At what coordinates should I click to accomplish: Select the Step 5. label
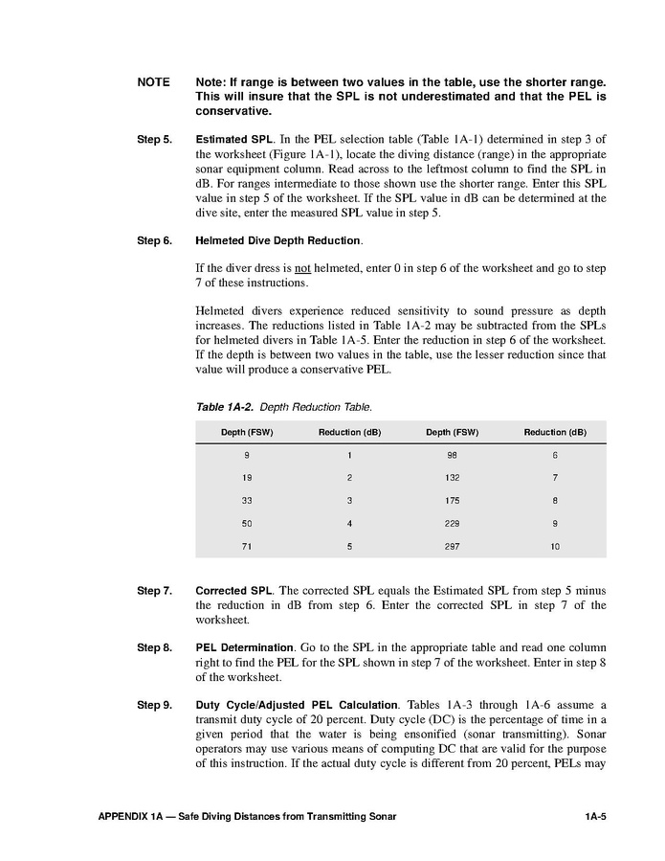pyautogui.click(x=154, y=140)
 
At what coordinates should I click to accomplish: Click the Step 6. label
pyautogui.click(x=154, y=239)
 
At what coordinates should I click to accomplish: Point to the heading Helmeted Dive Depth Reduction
pyautogui.click(x=277, y=239)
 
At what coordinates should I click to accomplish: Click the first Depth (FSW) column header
pyautogui.click(x=247, y=433)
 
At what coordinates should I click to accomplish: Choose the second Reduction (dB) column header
pyautogui.click(x=555, y=433)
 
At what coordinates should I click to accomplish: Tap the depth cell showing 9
pyautogui.click(x=247, y=455)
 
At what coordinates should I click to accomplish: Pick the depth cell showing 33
pyautogui.click(x=247, y=501)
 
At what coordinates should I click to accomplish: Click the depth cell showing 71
pyautogui.click(x=247, y=546)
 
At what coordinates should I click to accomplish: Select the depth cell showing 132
pyautogui.click(x=452, y=478)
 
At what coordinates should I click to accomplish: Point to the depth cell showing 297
pyautogui.click(x=452, y=546)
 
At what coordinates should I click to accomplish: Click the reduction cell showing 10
pyautogui.click(x=555, y=546)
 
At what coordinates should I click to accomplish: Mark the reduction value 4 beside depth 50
pyautogui.click(x=349, y=524)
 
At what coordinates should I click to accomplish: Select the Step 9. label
pyautogui.click(x=154, y=705)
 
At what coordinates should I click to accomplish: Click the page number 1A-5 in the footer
pyautogui.click(x=596, y=816)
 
